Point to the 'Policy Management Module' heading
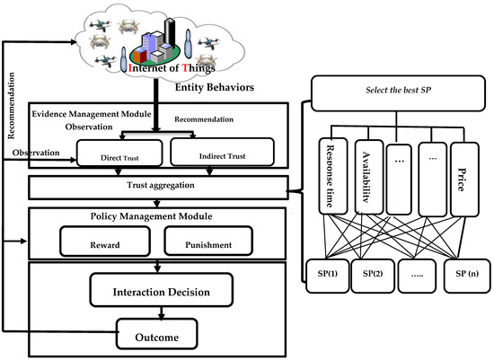click(x=152, y=216)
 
